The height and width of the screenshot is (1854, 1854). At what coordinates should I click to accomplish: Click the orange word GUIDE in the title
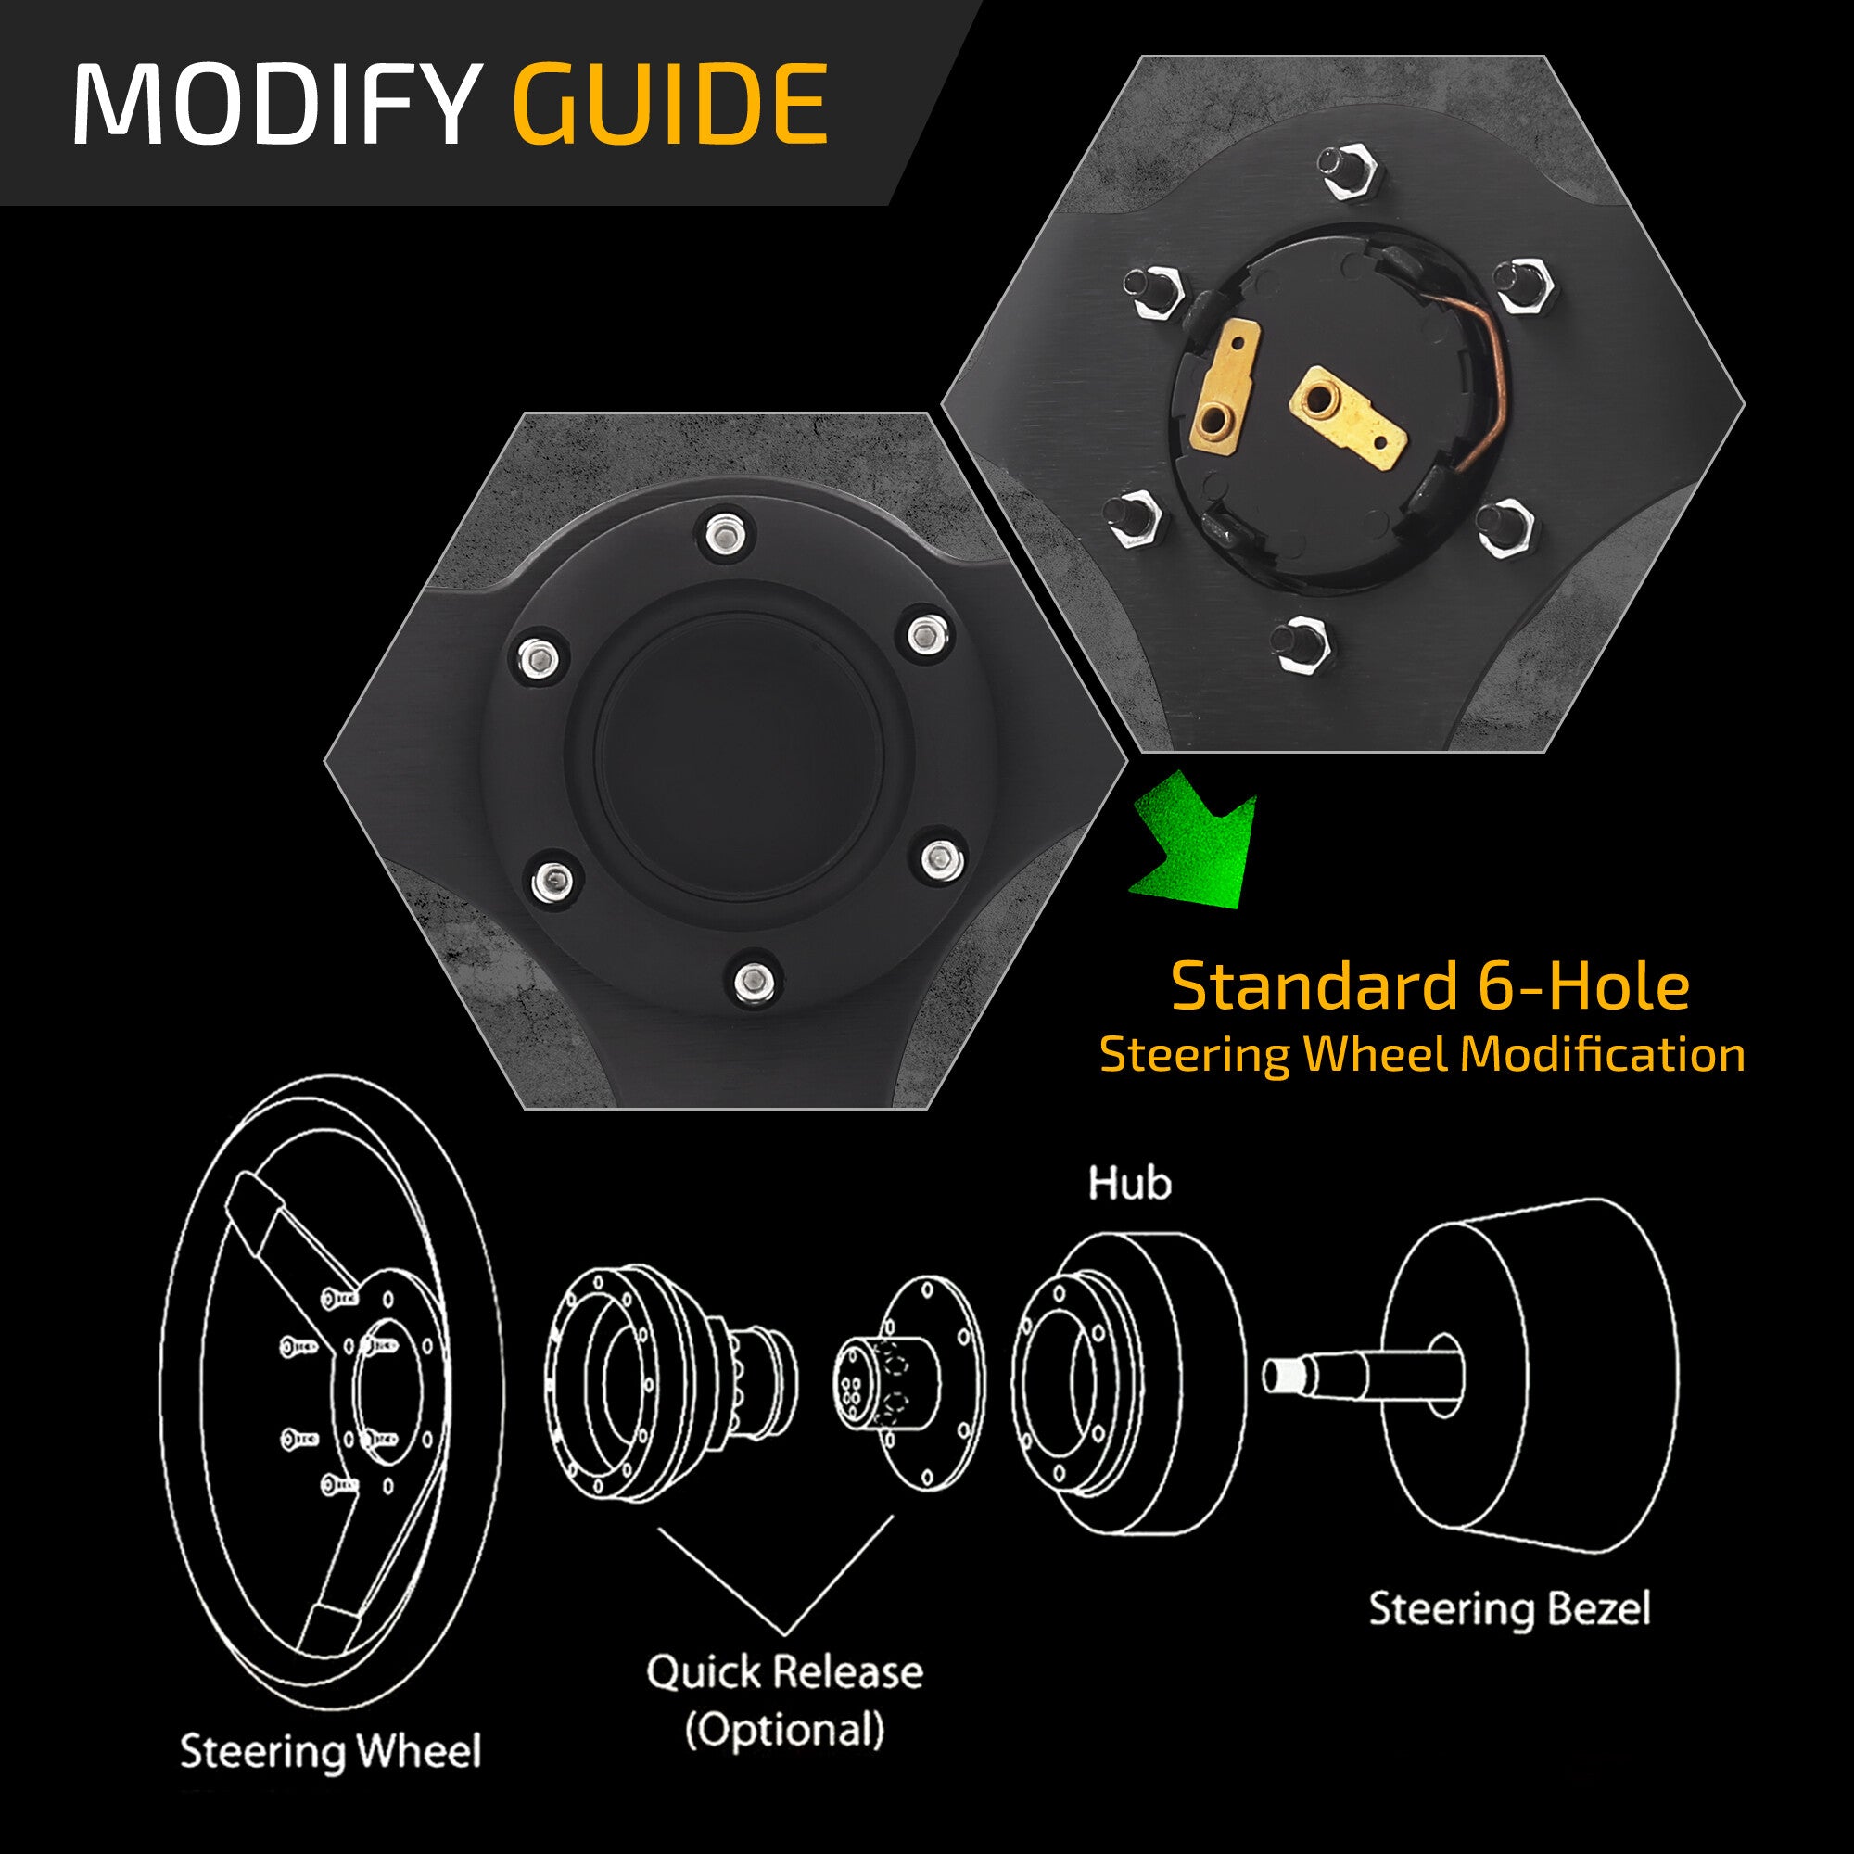point(670,104)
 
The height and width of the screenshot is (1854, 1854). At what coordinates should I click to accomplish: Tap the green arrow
point(1195,849)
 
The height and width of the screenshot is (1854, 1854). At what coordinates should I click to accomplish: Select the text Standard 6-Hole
point(1429,986)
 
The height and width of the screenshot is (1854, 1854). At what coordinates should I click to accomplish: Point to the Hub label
point(1129,1183)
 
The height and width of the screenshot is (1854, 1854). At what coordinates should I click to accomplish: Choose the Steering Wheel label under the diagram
point(330,1750)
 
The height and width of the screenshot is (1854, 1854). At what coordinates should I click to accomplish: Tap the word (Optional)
point(784,1729)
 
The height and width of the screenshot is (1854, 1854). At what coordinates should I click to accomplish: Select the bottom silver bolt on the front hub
point(755,980)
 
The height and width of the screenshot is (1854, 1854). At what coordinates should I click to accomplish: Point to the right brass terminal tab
point(1348,416)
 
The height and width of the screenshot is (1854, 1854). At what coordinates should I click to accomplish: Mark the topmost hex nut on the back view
point(1352,172)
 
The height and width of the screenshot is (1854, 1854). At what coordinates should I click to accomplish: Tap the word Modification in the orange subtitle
point(1602,1055)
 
